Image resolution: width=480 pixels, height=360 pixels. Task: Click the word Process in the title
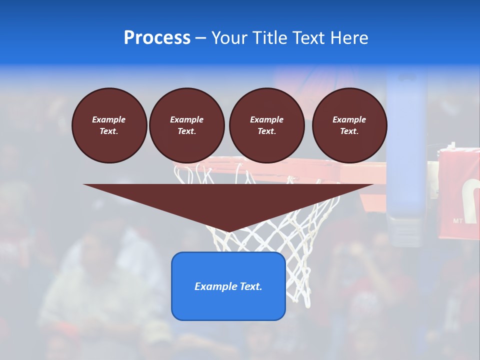[157, 38]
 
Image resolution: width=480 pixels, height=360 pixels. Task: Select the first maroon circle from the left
[109, 125]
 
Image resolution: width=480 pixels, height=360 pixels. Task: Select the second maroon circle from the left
[186, 125]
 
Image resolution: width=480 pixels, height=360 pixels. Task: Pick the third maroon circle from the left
[266, 125]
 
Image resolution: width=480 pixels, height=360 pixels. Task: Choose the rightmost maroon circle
[349, 125]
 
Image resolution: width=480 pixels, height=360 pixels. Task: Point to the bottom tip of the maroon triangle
[228, 231]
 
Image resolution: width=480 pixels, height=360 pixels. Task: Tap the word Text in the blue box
[250, 286]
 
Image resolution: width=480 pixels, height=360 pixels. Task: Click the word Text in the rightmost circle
[349, 131]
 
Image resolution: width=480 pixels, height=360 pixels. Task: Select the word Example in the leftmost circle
[109, 119]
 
